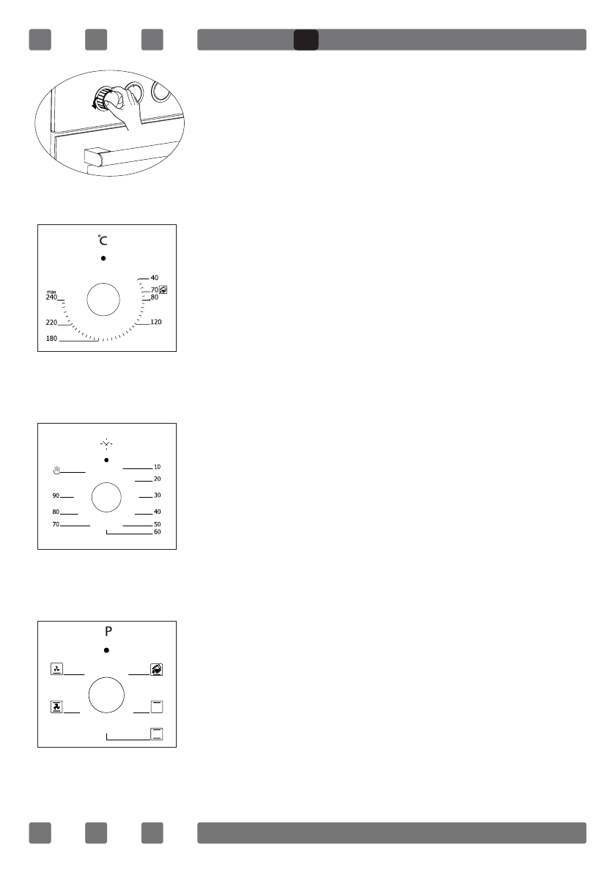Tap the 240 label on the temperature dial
coord(51,298)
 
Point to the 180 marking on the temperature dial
coord(51,339)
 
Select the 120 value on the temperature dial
coord(155,323)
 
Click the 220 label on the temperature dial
coord(51,323)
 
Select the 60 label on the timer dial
coord(157,532)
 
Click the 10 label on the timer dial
coord(157,467)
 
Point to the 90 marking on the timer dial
coord(56,496)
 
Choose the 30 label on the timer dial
coord(157,496)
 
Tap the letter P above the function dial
coord(107,632)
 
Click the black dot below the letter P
coord(107,650)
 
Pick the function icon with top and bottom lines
coord(156,734)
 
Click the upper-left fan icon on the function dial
coord(56,668)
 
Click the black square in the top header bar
coord(306,40)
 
